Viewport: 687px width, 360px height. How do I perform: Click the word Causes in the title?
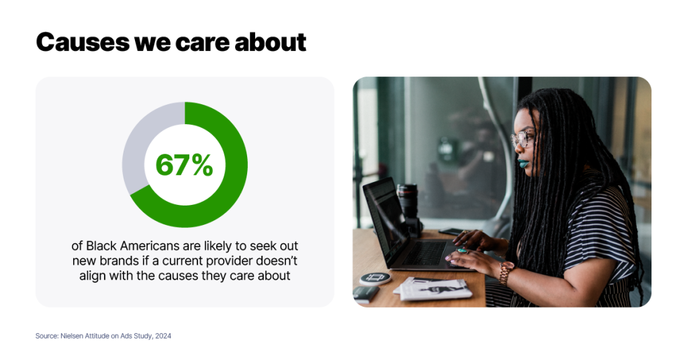83,42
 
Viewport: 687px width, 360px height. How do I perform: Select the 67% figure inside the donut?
184,165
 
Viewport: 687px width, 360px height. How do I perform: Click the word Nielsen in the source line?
71,336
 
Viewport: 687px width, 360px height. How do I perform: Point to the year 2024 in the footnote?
163,336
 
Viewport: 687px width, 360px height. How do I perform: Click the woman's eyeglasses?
522,139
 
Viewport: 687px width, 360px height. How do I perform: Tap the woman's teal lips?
523,164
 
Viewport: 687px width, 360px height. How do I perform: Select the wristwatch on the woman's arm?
506,273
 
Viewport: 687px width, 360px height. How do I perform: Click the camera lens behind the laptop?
408,201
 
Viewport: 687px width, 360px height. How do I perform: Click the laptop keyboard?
426,253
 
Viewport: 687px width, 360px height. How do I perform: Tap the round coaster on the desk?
375,279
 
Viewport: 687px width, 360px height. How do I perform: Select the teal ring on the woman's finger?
462,251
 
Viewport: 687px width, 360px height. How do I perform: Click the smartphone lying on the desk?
451,231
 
